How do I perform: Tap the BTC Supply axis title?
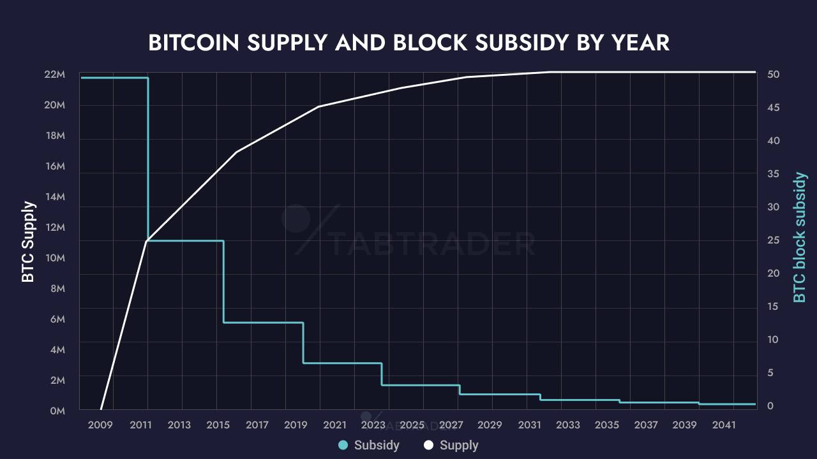click(28, 242)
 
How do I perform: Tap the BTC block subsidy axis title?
click(799, 237)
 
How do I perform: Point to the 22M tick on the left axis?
click(54, 75)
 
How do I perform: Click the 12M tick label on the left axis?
click(54, 228)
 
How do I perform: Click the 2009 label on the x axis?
click(100, 425)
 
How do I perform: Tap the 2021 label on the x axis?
click(334, 425)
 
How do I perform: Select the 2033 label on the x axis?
click(568, 425)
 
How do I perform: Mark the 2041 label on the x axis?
click(724, 425)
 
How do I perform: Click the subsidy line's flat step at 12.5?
click(263, 323)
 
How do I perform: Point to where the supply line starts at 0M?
click(101, 409)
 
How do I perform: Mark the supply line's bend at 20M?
click(319, 106)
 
